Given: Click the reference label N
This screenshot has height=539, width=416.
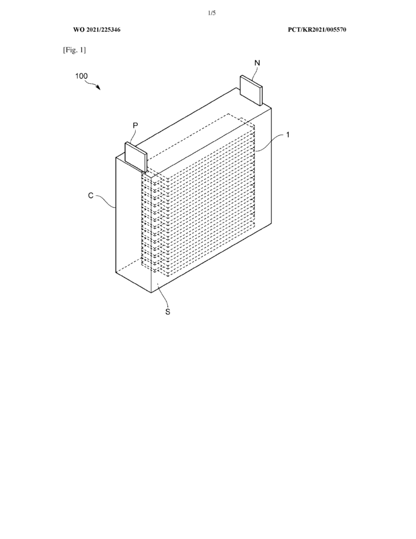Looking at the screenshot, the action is tap(257, 63).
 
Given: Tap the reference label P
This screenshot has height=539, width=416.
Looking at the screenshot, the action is tap(135, 126).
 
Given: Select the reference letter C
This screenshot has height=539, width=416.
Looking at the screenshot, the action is tap(90, 196).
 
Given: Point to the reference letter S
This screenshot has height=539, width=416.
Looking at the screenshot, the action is tap(168, 312).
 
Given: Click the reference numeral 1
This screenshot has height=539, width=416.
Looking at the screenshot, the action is tap(288, 135).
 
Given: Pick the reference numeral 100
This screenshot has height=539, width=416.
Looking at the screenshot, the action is tap(82, 76).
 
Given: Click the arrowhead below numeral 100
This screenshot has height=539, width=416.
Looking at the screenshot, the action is tap(98, 88).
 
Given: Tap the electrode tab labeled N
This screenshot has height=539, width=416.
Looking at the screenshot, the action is tap(251, 90).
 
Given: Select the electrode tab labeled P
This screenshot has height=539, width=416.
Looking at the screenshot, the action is tap(136, 157).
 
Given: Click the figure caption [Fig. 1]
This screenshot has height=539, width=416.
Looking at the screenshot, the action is tap(74, 50).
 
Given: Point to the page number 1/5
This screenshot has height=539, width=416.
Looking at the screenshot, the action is tap(211, 13).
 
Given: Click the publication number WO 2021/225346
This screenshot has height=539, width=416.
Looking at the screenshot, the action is tap(97, 29).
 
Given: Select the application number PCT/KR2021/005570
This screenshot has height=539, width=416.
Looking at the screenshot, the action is tap(317, 29).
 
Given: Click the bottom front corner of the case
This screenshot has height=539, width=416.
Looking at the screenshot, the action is tap(151, 293).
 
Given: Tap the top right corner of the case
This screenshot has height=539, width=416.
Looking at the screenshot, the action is tap(271, 108).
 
